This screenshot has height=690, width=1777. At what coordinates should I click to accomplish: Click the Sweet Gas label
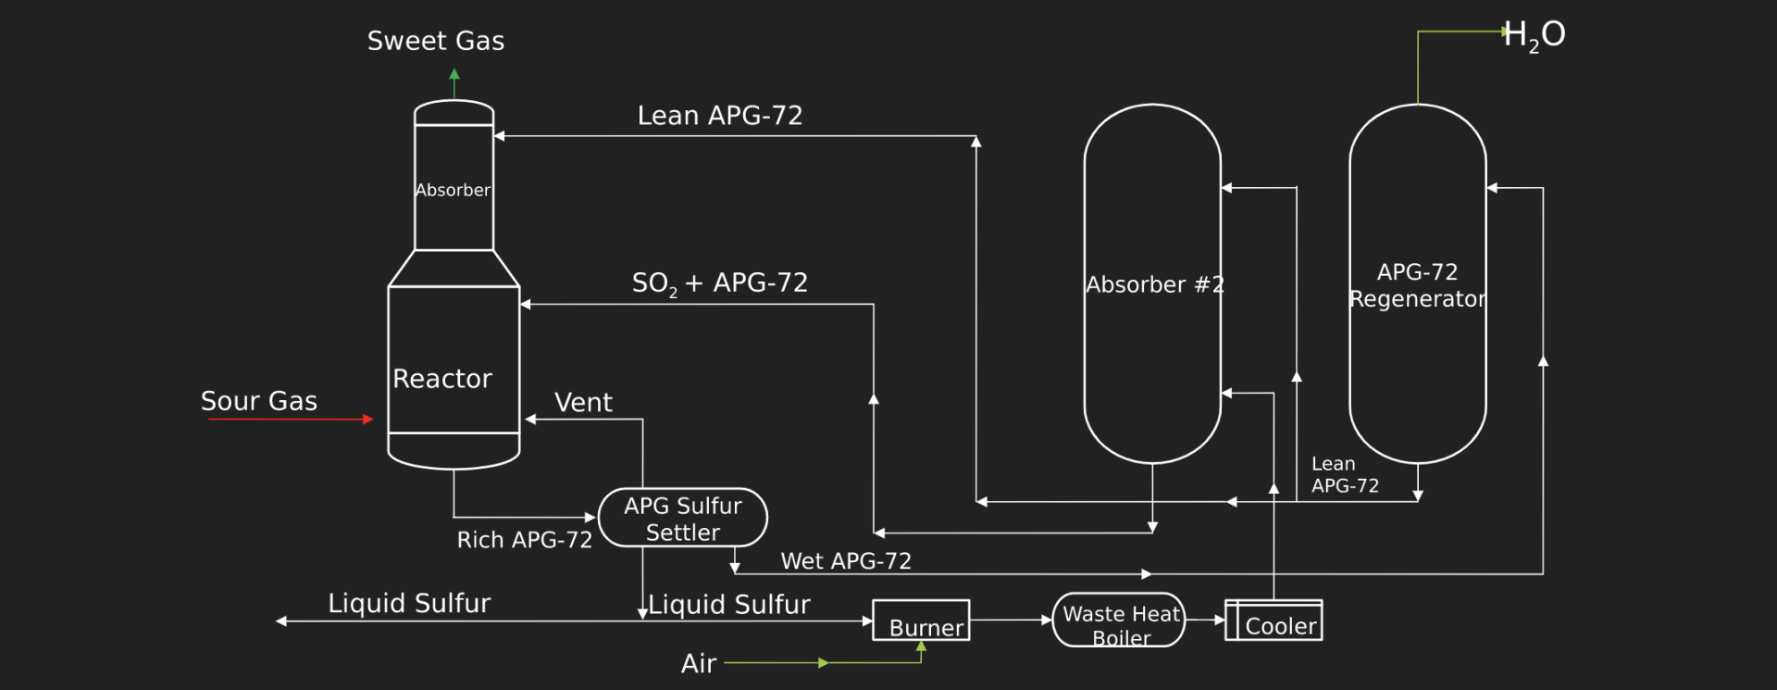click(436, 41)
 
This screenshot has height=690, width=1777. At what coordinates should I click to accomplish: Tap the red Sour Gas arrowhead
click(368, 420)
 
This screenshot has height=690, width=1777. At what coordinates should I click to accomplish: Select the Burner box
click(921, 621)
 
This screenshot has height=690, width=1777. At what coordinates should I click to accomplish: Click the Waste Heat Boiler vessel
click(1119, 620)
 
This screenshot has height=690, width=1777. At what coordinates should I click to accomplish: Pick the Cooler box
click(1274, 621)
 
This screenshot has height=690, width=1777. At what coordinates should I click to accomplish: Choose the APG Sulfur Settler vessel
click(683, 518)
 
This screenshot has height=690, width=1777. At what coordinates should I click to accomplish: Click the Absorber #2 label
click(1155, 284)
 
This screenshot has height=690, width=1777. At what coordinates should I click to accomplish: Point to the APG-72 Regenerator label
click(1418, 285)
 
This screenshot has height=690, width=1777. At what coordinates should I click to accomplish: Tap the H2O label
click(1535, 36)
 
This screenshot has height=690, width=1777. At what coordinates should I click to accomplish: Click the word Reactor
click(442, 379)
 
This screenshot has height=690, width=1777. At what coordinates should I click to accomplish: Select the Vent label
click(583, 402)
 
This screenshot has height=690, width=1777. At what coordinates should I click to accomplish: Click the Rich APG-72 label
click(525, 540)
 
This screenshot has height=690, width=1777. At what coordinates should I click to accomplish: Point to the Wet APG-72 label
click(846, 561)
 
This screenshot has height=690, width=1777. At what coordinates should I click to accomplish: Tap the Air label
click(699, 663)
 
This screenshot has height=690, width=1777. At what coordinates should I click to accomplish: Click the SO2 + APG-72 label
click(720, 283)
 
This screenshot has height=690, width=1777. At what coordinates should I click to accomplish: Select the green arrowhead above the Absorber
click(454, 74)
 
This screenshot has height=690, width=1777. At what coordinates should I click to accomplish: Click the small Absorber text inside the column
click(453, 190)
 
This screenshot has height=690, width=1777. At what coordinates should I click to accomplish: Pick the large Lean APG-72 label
click(720, 116)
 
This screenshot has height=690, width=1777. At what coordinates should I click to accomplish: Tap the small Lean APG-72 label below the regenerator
click(1345, 475)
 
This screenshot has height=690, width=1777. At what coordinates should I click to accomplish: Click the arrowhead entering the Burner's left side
click(867, 621)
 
